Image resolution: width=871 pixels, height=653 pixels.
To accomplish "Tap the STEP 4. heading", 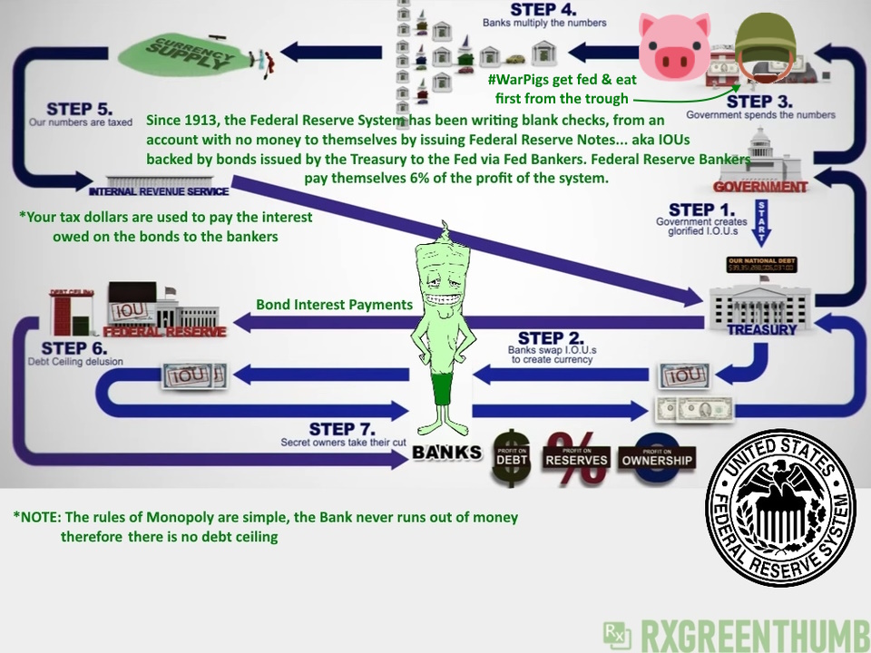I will click(543, 9).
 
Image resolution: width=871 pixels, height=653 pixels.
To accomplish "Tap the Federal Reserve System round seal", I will click(780, 507).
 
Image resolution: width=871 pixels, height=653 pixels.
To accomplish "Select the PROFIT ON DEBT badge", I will click(513, 457).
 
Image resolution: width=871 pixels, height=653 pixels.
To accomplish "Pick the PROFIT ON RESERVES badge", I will click(576, 457).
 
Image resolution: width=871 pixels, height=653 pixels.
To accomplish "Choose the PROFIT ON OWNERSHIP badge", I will click(657, 457).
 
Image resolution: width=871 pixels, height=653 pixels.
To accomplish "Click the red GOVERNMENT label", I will click(760, 188).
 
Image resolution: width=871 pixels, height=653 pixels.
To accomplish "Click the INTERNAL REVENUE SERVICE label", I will click(158, 192).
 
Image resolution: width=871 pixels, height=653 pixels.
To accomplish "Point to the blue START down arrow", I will click(761, 223).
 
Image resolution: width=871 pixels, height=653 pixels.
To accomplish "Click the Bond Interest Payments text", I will click(334, 305).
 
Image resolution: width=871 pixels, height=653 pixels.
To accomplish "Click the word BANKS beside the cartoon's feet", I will click(446, 452).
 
